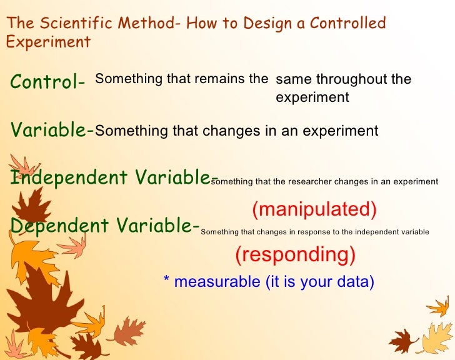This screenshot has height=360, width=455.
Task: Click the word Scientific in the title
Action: tap(73, 24)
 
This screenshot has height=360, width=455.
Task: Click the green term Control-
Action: tap(47, 82)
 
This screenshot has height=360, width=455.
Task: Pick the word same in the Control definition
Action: tap(294, 80)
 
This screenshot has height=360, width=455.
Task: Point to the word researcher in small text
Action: tap(310, 182)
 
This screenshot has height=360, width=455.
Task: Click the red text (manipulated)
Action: tap(314, 209)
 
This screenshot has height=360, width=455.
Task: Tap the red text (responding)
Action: tap(295, 254)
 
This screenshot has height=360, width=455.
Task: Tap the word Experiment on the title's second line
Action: tap(48, 42)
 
